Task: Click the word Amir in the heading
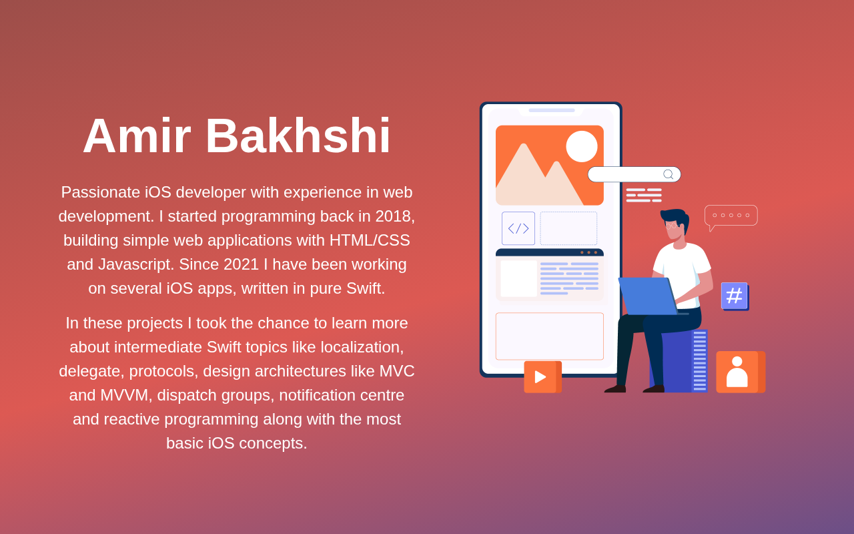pos(137,136)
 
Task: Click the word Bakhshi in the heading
pos(298,136)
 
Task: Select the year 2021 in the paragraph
pos(242,264)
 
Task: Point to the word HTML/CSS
pos(370,240)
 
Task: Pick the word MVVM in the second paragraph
pos(124,395)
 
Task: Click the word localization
pos(362,347)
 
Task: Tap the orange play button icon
pos(542,377)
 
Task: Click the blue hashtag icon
pos(735,296)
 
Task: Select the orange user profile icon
pos(741,372)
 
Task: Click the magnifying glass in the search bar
pos(669,174)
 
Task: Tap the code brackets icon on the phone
pos(518,228)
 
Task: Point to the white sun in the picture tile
pos(582,146)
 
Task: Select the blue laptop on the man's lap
pos(648,296)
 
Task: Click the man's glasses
pos(672,226)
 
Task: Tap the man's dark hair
pos(677,218)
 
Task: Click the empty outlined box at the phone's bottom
pos(549,336)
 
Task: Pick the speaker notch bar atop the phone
pos(552,110)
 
